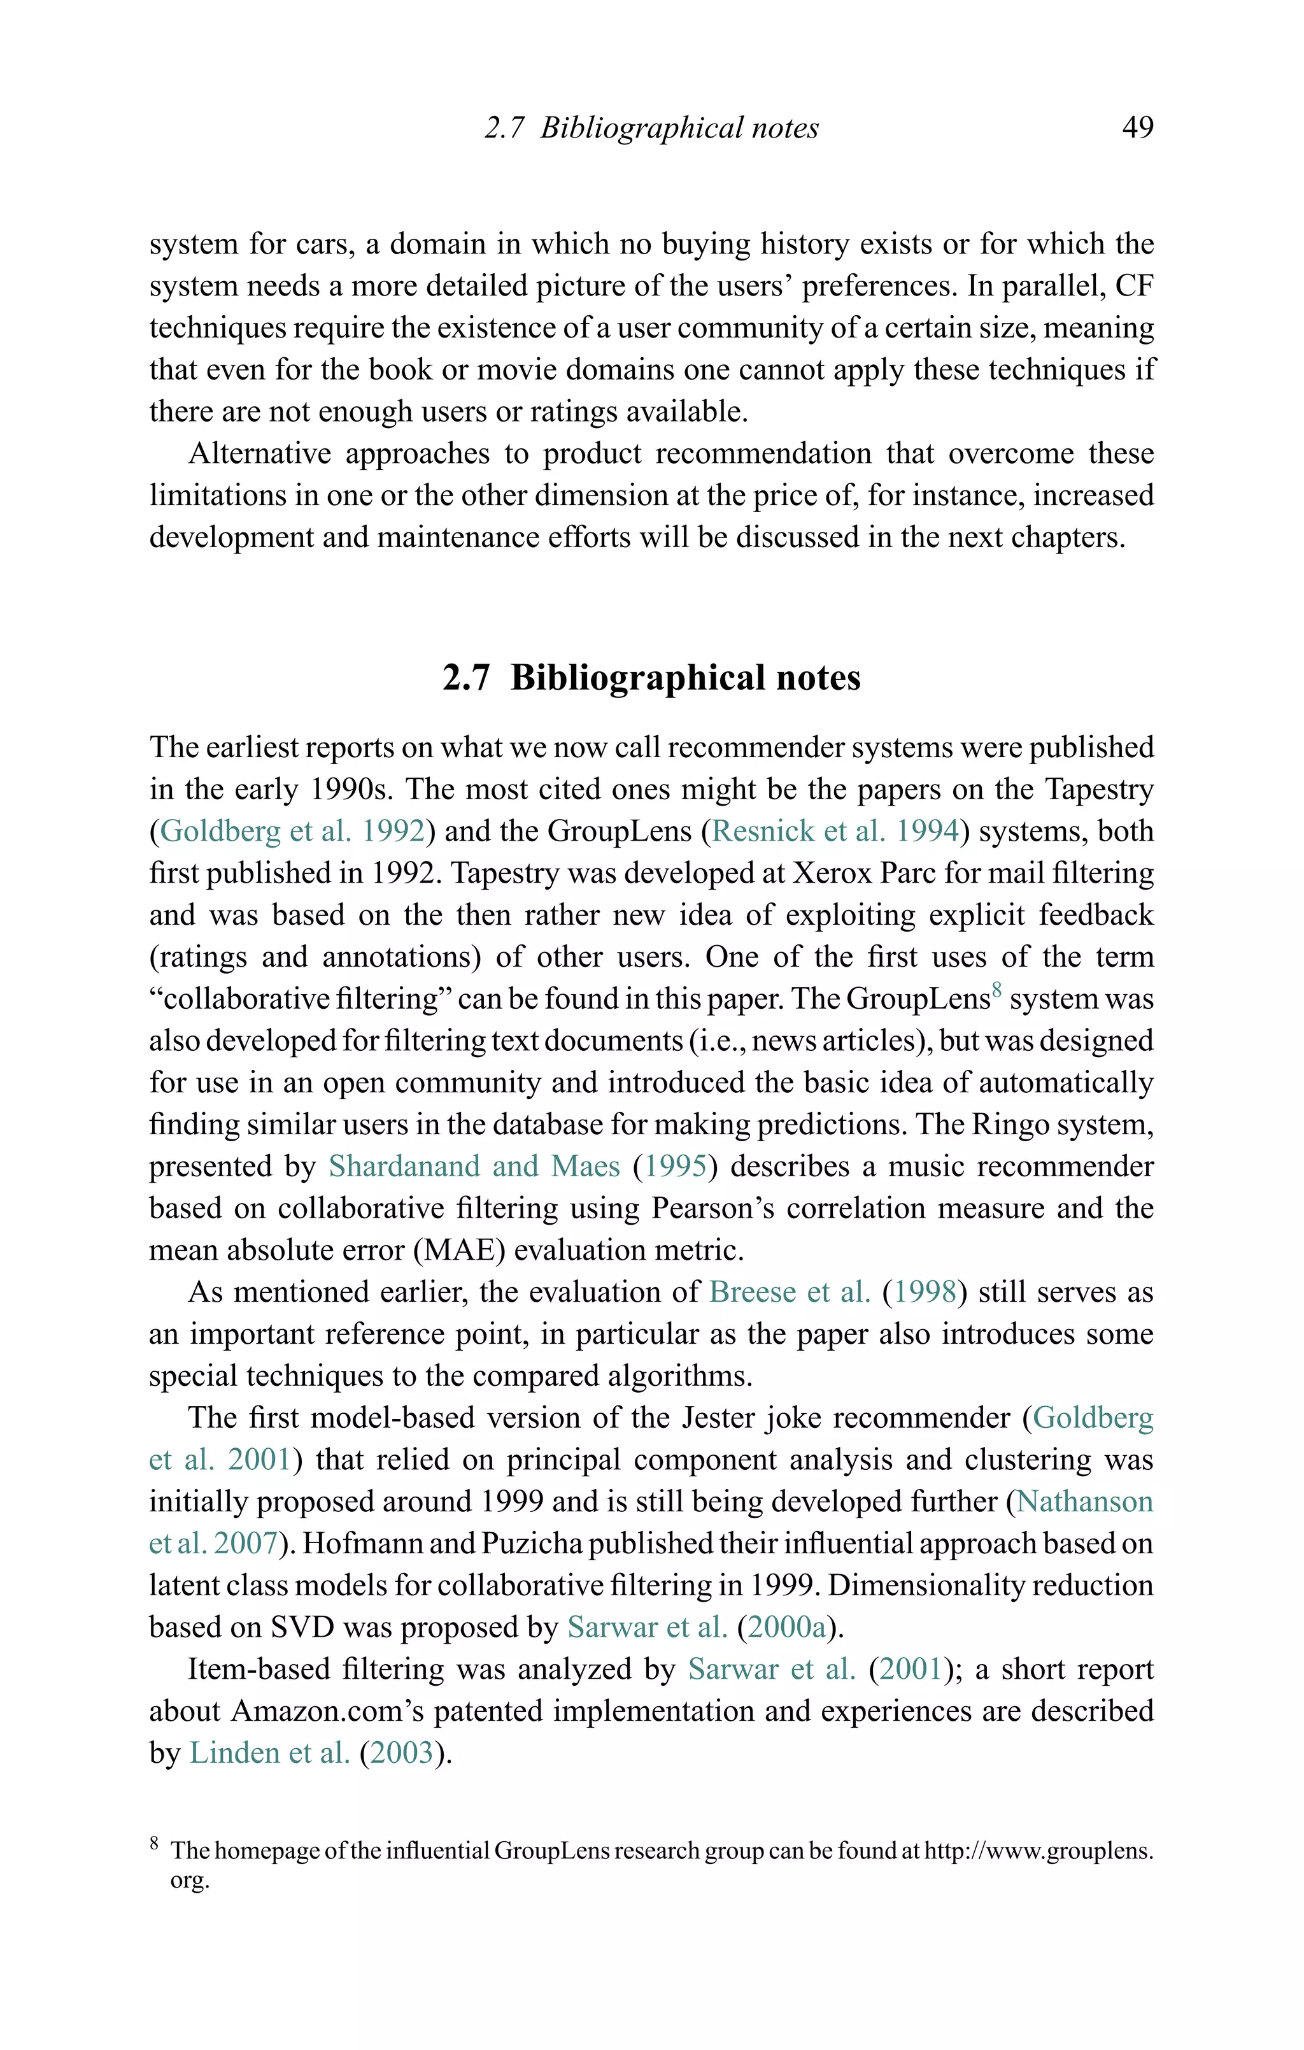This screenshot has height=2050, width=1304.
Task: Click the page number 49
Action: [x=1137, y=128]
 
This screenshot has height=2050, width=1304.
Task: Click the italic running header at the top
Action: [x=651, y=128]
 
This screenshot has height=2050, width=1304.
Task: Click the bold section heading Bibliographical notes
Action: [x=651, y=678]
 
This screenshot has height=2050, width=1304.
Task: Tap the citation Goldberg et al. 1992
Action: [x=292, y=831]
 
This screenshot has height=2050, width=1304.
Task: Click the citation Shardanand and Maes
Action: [x=474, y=1165]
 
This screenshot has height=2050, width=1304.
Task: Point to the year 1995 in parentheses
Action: [x=675, y=1165]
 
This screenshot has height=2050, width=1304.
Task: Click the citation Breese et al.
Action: [x=790, y=1292]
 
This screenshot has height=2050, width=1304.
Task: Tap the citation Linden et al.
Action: [x=269, y=1753]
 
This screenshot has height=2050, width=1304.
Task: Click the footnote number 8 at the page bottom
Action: [x=154, y=1842]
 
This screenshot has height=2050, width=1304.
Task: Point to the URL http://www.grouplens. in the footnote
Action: [x=1038, y=1851]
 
